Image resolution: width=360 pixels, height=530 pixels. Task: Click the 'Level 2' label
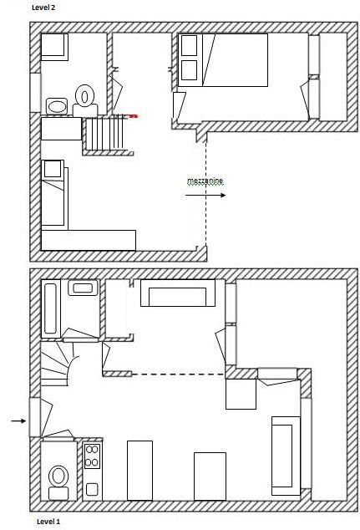(43, 8)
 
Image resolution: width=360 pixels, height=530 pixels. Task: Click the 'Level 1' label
(48, 522)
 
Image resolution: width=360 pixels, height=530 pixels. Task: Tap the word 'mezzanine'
(205, 181)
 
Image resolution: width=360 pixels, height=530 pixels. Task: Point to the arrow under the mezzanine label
(205, 195)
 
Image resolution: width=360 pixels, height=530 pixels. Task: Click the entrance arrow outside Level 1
(18, 420)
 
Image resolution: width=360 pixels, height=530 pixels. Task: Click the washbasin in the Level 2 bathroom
(57, 106)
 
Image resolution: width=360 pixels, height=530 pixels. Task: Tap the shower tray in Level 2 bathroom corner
(54, 47)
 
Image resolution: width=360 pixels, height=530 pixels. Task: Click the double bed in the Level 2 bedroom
(223, 60)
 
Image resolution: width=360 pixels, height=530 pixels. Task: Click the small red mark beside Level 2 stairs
(134, 116)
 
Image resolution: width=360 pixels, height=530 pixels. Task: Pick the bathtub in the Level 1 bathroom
(51, 308)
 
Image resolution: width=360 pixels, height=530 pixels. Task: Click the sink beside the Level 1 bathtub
(83, 288)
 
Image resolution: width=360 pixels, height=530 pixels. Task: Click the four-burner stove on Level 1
(92, 456)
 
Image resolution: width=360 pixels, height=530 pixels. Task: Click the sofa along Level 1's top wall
(178, 293)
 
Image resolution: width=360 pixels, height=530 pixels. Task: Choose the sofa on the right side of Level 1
(286, 456)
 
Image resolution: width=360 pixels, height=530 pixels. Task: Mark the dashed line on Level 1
(178, 375)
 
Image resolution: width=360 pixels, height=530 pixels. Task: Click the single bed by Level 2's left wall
(54, 193)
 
